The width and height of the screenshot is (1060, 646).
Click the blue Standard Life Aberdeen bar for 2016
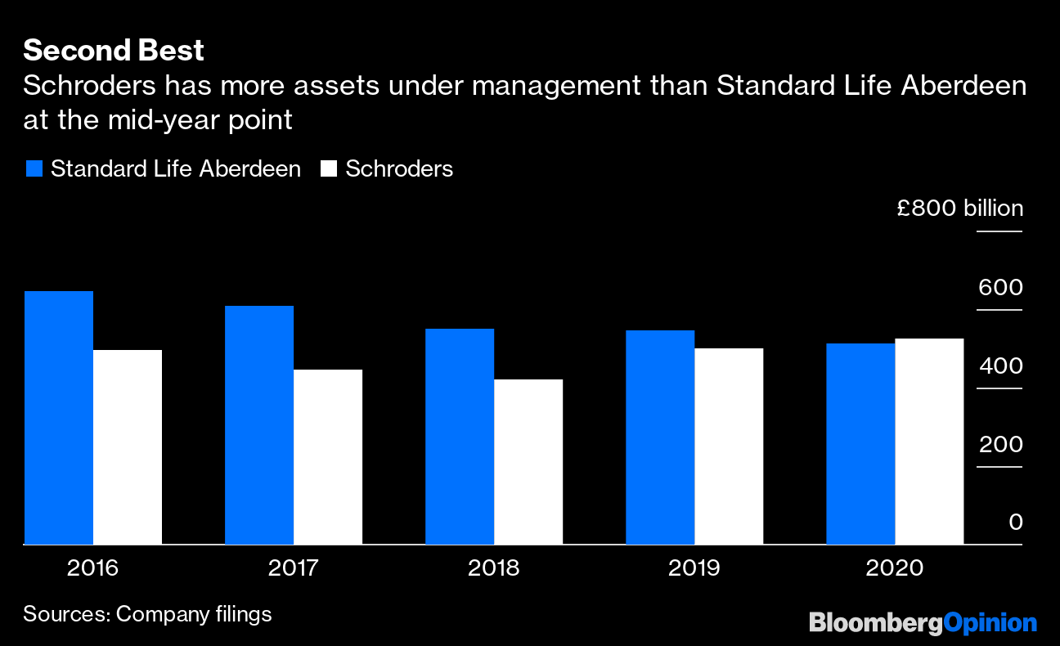point(59,418)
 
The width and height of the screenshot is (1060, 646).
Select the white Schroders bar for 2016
point(128,447)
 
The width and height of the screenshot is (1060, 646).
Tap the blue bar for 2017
point(259,425)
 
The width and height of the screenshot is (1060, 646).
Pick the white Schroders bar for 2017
point(328,457)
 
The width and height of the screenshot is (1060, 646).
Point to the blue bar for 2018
point(460,437)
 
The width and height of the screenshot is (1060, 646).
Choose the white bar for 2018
point(528,462)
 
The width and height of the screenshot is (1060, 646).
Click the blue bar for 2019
point(660,437)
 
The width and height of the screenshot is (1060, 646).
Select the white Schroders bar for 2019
point(729,446)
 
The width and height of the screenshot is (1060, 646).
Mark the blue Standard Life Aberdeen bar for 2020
point(860,444)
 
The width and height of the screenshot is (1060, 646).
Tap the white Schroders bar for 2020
point(929,442)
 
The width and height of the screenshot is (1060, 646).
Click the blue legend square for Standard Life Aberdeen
point(34,169)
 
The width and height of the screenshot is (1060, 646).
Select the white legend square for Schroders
point(329,169)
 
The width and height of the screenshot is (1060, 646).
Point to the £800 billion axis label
point(959,209)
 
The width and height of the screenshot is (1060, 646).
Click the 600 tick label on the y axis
point(999,288)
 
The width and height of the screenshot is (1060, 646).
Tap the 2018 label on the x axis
point(493,568)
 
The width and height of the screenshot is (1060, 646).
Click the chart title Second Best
point(114,51)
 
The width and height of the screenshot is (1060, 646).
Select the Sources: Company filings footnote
point(147,614)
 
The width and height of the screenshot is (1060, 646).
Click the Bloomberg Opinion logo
point(923,623)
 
